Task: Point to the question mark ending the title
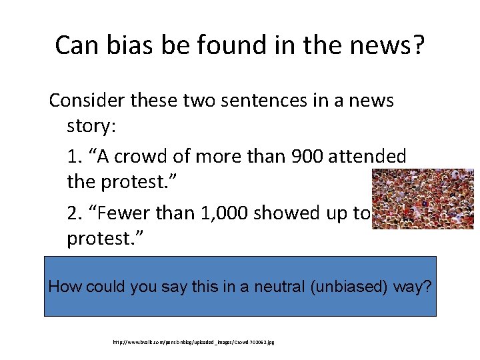(417, 45)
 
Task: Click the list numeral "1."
(75, 157)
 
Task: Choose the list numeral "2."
(76, 213)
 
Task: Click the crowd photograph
(422, 199)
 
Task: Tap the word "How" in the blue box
(64, 287)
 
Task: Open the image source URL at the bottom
(194, 342)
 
